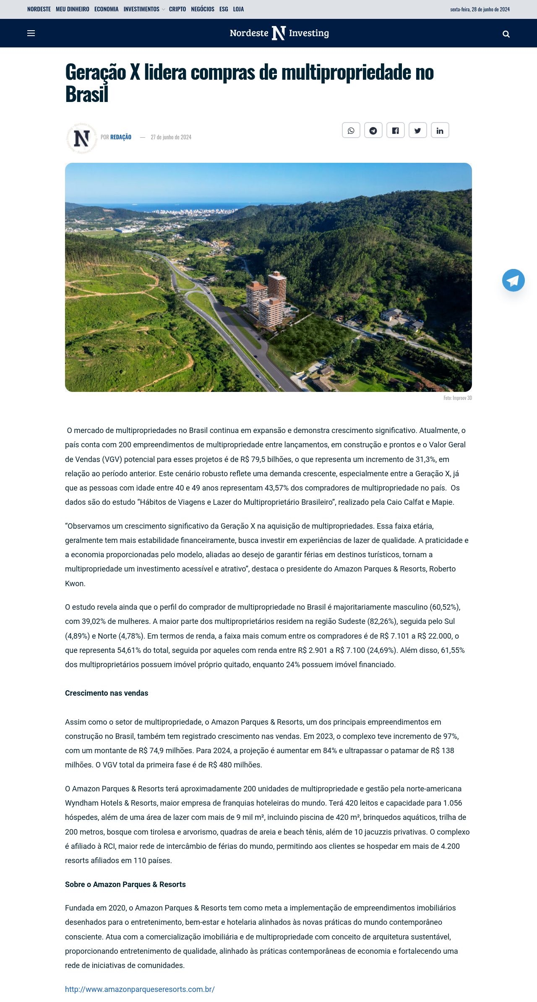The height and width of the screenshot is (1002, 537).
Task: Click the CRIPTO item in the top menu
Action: pos(177,9)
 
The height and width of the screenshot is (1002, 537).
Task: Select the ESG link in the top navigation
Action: pos(224,9)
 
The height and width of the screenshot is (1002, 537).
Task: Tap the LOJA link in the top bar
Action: pos(238,9)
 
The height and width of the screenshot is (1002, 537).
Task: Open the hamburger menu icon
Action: pos(31,33)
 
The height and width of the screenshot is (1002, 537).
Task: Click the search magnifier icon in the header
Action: pos(506,34)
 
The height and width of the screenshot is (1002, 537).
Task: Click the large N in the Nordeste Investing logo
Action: pos(279,33)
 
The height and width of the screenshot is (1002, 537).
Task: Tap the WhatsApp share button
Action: pos(351,130)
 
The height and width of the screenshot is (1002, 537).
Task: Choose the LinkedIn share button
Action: pos(440,130)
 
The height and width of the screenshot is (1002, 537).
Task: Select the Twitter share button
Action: pos(417,130)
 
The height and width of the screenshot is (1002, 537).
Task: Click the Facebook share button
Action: pos(395,130)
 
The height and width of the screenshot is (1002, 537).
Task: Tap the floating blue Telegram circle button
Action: pos(513,280)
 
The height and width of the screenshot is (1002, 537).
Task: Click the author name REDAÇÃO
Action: pos(121,137)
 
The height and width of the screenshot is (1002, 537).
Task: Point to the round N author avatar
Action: pos(82,138)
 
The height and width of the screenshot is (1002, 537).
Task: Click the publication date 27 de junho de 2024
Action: pos(171,137)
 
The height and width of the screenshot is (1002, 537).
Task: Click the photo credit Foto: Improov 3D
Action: pos(457,398)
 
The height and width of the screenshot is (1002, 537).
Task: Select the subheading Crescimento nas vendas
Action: pos(107,693)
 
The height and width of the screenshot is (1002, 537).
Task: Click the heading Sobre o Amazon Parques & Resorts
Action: pos(125,884)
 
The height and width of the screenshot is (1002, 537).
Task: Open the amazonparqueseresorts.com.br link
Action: pos(140,989)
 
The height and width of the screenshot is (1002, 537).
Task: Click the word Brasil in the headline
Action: pos(87,94)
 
